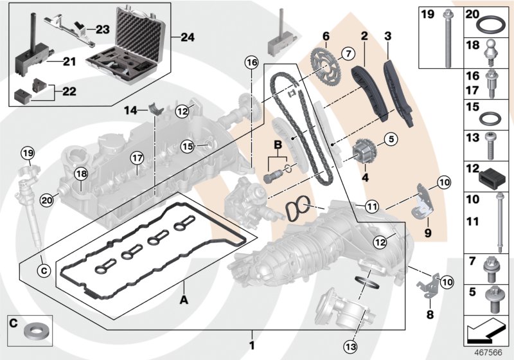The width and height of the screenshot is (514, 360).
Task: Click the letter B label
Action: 278,146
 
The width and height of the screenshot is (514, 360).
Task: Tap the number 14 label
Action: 130,110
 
